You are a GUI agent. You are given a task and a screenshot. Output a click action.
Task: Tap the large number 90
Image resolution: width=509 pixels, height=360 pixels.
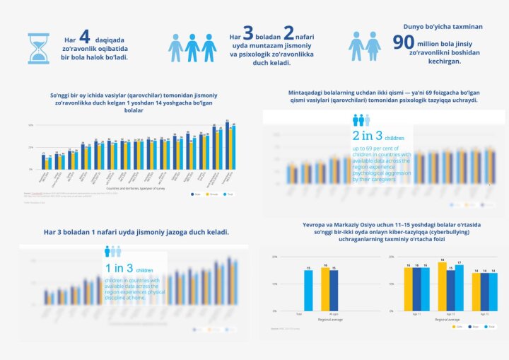[x=404, y=43]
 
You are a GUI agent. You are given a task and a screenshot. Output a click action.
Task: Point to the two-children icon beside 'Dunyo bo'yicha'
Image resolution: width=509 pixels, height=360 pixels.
[x=365, y=45]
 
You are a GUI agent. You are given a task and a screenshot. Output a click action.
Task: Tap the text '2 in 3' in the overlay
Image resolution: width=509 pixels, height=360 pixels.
[x=368, y=136]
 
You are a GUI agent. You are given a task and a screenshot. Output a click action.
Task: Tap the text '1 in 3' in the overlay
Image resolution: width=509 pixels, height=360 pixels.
[x=119, y=268]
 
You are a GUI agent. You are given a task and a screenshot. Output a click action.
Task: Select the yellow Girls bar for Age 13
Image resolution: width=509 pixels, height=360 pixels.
[x=442, y=287]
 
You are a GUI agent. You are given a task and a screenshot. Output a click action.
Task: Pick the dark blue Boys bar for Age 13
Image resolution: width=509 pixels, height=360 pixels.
[x=450, y=291]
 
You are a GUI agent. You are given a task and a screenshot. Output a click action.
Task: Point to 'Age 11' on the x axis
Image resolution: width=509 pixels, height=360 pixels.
[x=416, y=314]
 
